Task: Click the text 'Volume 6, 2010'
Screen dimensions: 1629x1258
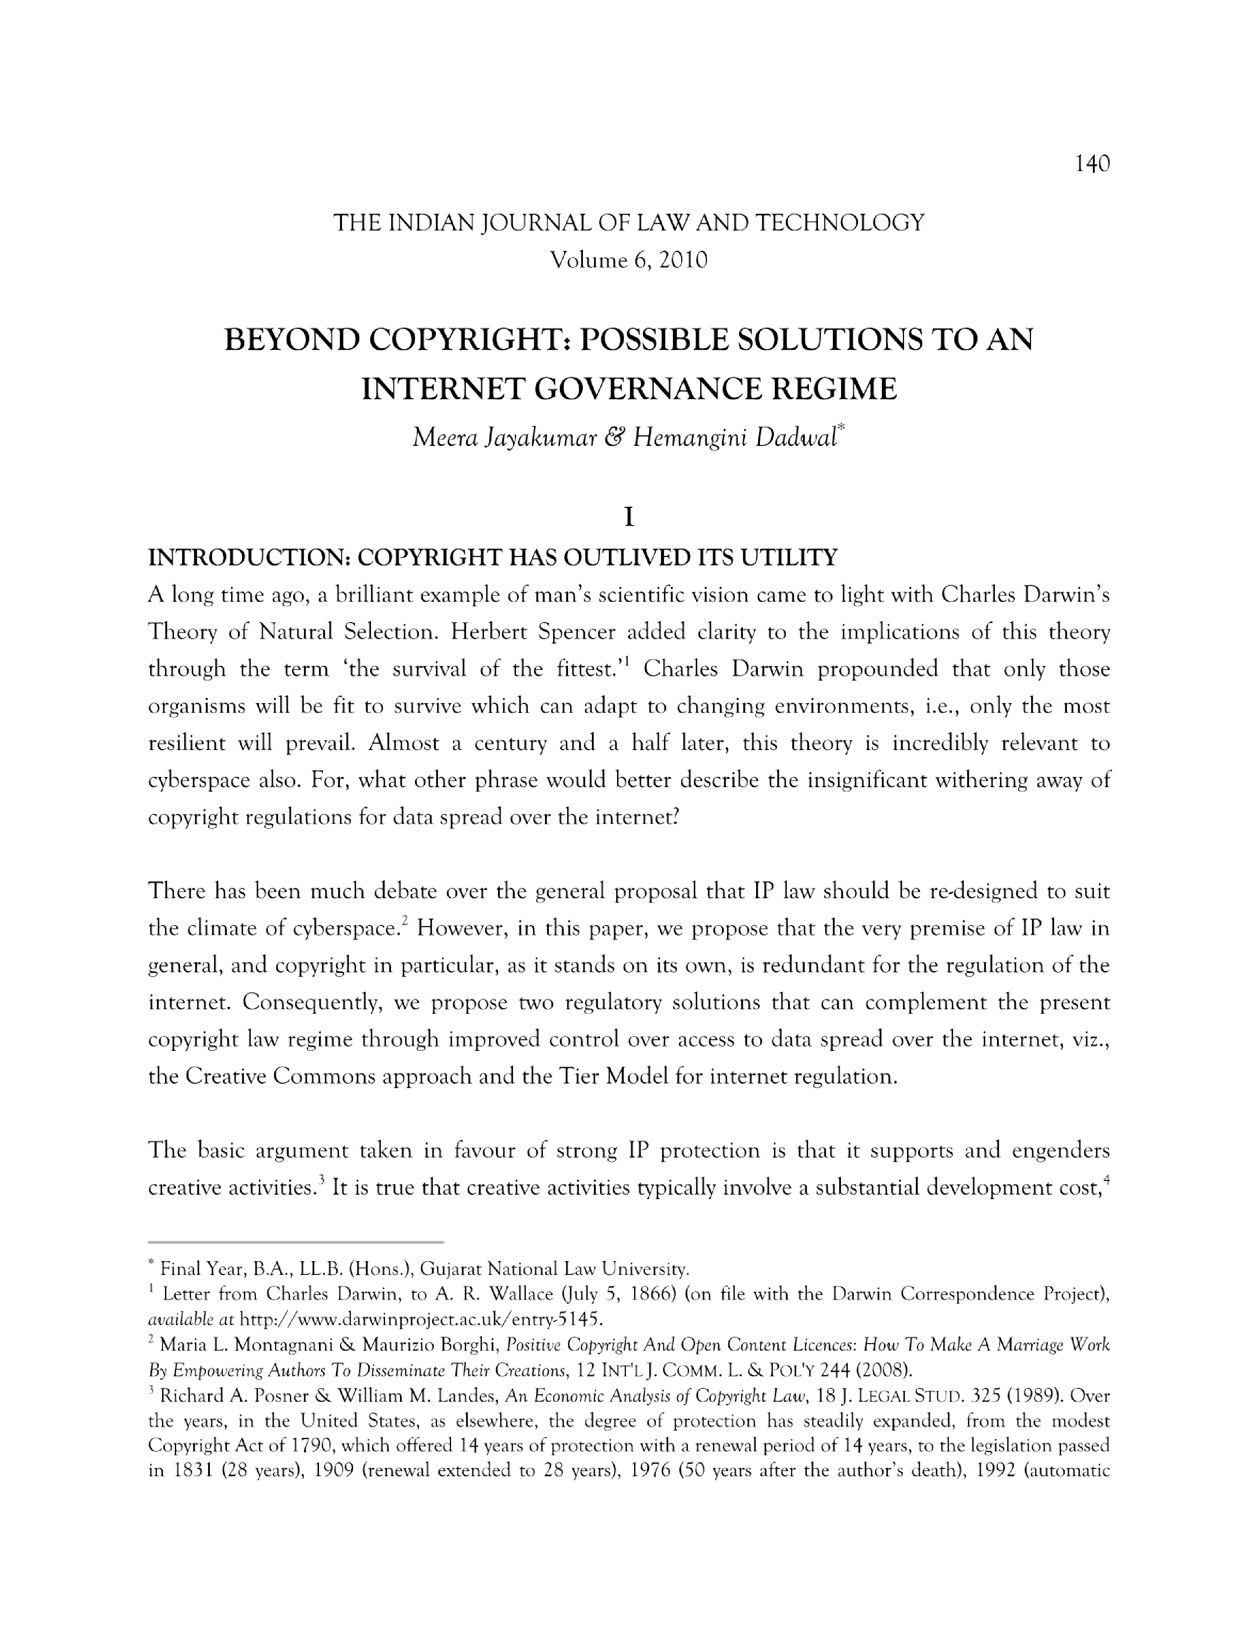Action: tap(628, 260)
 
